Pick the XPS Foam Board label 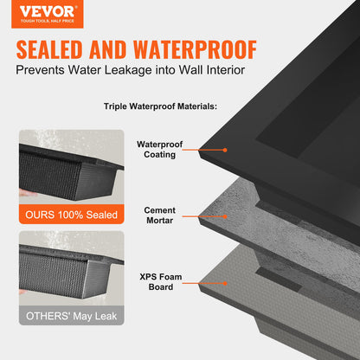pos(159,281)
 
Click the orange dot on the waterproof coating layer pos(225,150)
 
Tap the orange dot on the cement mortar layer pos(225,215)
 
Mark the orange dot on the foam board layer pos(225,281)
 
